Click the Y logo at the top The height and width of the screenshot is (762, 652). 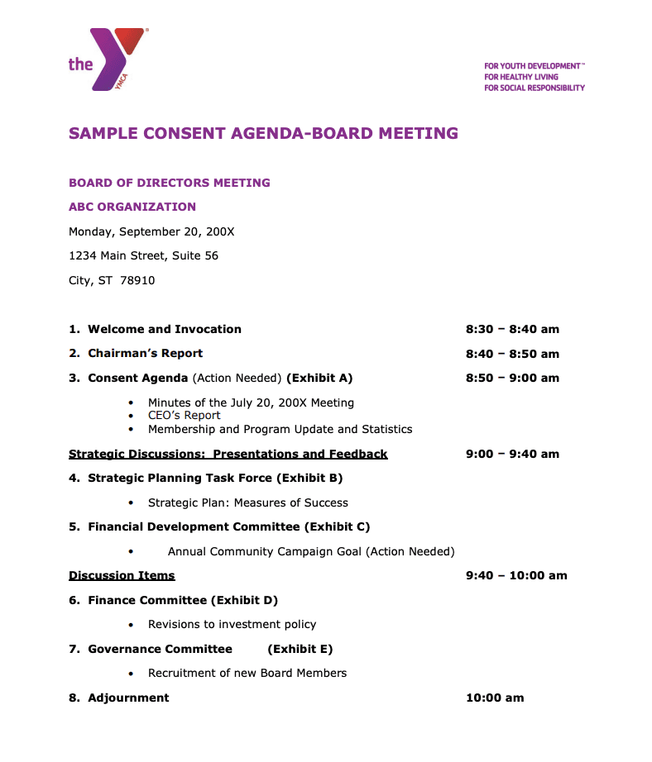115,58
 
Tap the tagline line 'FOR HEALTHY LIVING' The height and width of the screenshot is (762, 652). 521,76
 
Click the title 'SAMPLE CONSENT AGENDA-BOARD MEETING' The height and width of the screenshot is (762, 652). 263,133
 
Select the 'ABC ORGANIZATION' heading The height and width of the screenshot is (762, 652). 132,207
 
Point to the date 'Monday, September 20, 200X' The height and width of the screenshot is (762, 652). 151,231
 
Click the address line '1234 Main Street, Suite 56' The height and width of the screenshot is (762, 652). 143,256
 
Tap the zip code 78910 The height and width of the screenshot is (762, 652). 137,280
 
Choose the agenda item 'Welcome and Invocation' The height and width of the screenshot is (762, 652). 165,329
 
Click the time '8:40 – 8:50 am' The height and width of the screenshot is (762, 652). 512,354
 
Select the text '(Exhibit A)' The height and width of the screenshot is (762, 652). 319,378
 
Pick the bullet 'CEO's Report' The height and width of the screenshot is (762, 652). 184,416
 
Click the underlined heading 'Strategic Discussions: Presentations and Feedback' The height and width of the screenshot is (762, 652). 228,454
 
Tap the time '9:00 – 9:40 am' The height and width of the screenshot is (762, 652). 512,454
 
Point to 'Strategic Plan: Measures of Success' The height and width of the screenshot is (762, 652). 247,502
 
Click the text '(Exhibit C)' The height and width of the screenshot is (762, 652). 337,526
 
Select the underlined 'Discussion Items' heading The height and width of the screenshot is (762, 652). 122,575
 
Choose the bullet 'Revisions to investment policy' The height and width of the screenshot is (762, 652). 232,624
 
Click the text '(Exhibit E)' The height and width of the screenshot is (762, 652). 300,649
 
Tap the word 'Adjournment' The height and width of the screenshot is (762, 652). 128,698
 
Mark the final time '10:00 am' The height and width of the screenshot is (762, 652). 495,698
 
